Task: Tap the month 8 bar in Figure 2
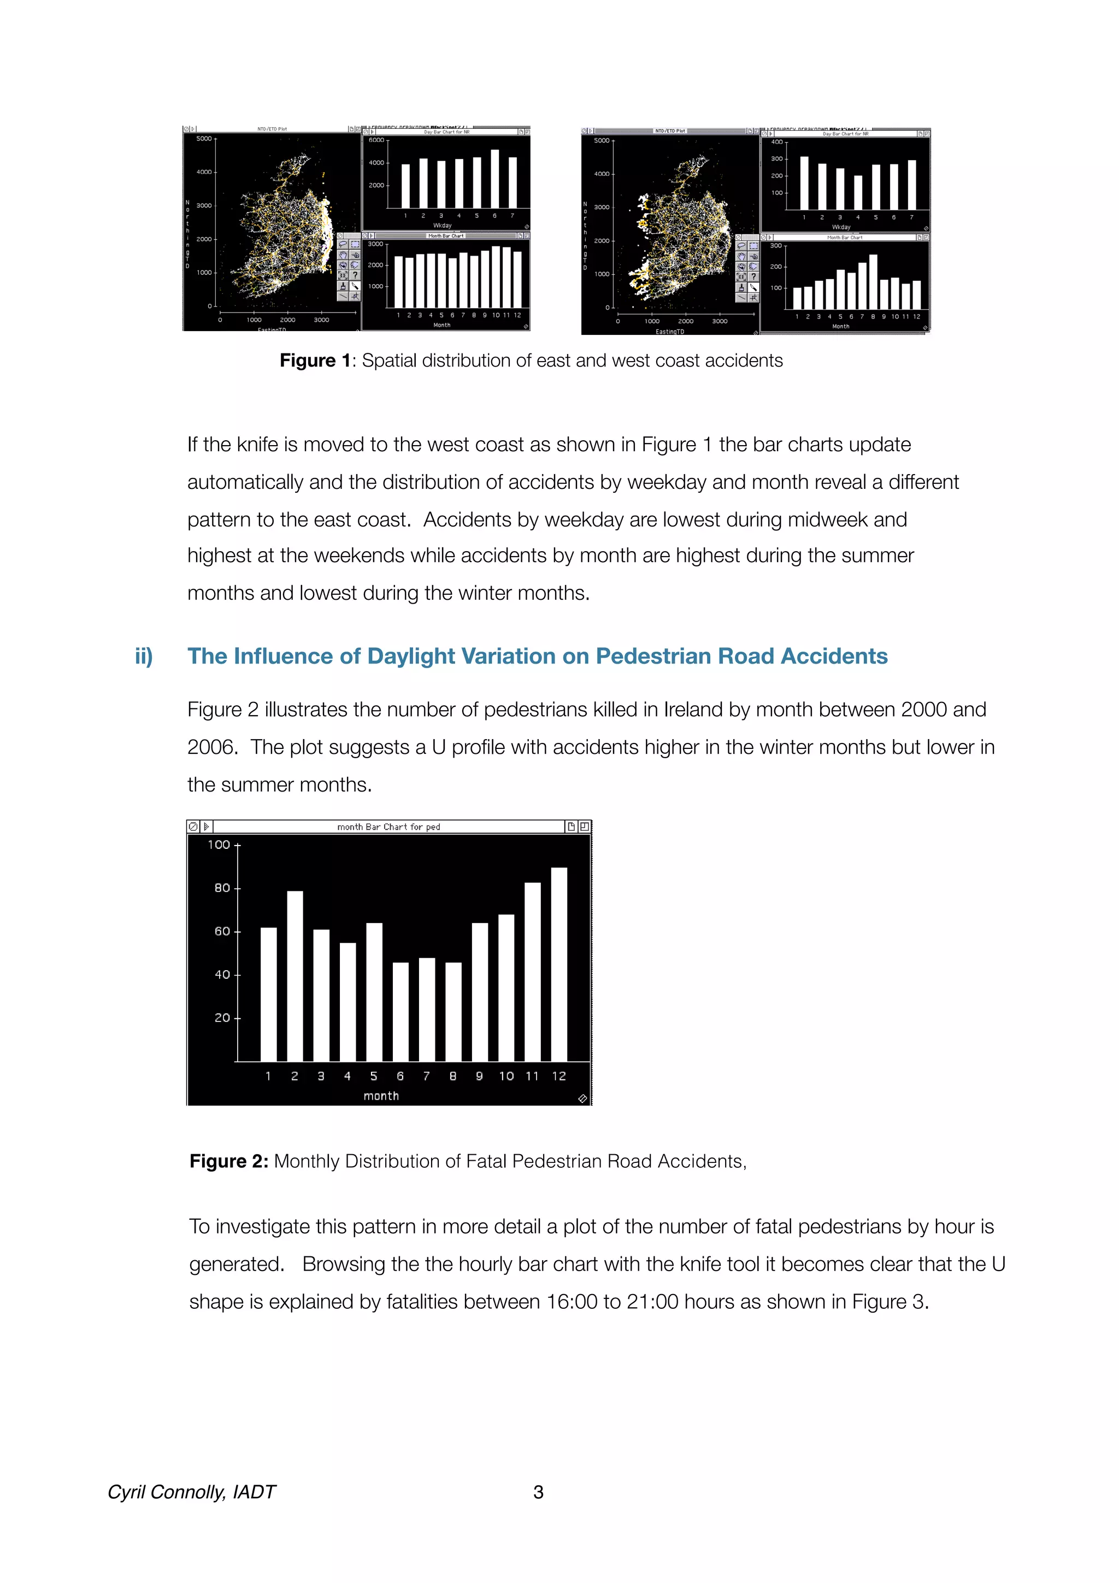(x=453, y=1012)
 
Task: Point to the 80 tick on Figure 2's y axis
(x=222, y=888)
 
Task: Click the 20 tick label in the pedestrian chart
(x=222, y=1018)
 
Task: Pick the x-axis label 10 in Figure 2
(x=506, y=1076)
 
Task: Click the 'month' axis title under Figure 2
(x=381, y=1096)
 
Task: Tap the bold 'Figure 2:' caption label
(x=229, y=1161)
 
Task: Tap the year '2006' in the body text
(x=211, y=747)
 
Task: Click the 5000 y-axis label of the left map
(x=204, y=139)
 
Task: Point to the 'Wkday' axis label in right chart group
(x=841, y=227)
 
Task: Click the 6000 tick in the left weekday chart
(x=376, y=140)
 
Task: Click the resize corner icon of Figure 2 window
(x=582, y=1098)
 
